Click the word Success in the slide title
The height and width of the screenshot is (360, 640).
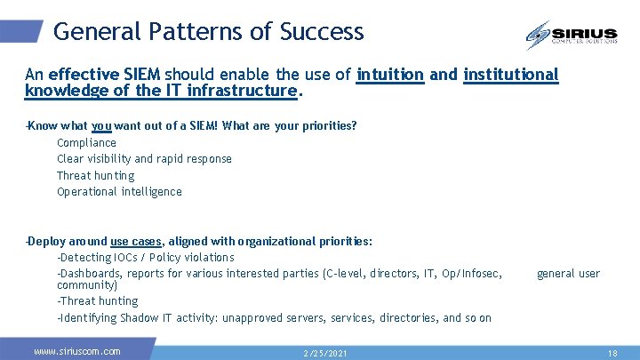pyautogui.click(x=322, y=32)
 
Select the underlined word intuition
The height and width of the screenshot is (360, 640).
pyautogui.click(x=390, y=75)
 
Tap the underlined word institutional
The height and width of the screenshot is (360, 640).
pyautogui.click(x=511, y=75)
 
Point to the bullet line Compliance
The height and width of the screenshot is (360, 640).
pyautogui.click(x=86, y=142)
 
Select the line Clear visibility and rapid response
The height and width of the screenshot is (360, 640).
pyautogui.click(x=144, y=159)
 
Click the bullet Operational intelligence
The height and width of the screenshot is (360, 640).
pyautogui.click(x=119, y=192)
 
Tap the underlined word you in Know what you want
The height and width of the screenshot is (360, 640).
pyautogui.click(x=101, y=125)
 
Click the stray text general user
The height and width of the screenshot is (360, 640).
pyautogui.click(x=568, y=274)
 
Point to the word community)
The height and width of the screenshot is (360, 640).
pyautogui.click(x=87, y=285)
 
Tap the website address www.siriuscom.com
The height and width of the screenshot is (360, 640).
pyautogui.click(x=76, y=351)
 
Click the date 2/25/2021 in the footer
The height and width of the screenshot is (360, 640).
pyautogui.click(x=326, y=353)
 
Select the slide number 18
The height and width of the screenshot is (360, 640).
pyautogui.click(x=612, y=353)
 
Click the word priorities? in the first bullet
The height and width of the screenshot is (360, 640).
pyautogui.click(x=325, y=125)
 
